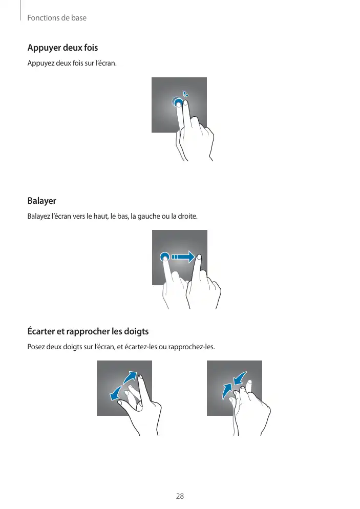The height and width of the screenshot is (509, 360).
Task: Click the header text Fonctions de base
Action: (x=57, y=18)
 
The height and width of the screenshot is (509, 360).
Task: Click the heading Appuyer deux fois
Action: (x=62, y=48)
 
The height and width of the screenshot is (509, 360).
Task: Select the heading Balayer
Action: (x=42, y=201)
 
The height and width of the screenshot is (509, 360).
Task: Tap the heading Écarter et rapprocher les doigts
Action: (x=88, y=331)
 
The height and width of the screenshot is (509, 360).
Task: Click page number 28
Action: (x=180, y=496)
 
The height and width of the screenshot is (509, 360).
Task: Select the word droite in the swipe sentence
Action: (x=187, y=216)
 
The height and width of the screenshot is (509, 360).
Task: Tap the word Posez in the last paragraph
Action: (x=36, y=347)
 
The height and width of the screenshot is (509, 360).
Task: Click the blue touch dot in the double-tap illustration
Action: (x=177, y=102)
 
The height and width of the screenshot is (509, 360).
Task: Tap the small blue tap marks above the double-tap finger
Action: (x=185, y=94)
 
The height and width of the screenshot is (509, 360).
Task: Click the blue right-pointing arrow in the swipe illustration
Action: (x=183, y=257)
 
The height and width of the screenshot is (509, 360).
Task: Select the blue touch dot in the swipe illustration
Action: (x=165, y=257)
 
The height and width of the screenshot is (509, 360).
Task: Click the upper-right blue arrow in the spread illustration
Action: (x=131, y=377)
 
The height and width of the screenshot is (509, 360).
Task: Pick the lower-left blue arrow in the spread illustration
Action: (x=116, y=393)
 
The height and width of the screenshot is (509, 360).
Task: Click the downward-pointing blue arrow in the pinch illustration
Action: (x=240, y=378)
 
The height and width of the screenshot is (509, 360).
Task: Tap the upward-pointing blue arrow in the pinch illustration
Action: (x=227, y=391)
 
